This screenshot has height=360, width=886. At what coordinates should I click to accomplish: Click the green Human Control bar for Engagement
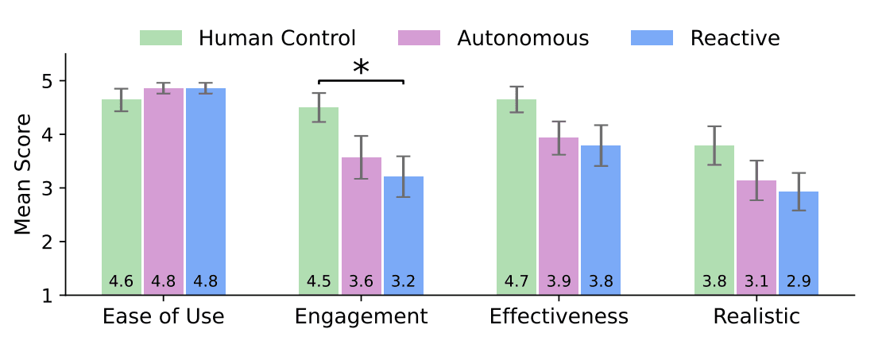[x=319, y=199]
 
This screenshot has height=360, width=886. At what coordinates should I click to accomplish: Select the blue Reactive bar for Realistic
[x=799, y=238]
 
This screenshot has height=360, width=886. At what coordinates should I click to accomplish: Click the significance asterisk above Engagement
[x=361, y=68]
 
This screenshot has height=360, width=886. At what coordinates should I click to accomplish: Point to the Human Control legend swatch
[x=161, y=37]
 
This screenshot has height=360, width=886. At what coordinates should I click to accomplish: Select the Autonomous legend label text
[x=523, y=37]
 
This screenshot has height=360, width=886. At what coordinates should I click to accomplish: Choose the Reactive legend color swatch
[x=652, y=37]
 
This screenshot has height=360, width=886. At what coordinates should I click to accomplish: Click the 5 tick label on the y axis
[x=48, y=81]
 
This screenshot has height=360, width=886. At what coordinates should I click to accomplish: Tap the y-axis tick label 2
[x=48, y=242]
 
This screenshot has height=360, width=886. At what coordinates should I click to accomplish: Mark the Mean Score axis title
[x=24, y=174]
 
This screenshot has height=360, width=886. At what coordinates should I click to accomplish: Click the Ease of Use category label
[x=164, y=316]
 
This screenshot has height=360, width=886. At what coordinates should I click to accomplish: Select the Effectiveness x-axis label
[x=559, y=316]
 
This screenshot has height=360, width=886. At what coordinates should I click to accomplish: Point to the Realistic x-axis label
[x=756, y=316]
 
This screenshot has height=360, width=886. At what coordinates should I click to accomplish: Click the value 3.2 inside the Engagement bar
[x=404, y=281]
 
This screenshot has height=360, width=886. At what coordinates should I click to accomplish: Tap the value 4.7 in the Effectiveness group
[x=517, y=281]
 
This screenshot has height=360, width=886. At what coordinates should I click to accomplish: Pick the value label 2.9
[x=799, y=281]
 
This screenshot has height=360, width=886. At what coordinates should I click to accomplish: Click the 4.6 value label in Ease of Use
[x=121, y=281]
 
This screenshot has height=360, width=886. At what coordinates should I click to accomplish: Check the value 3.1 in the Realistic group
[x=756, y=281]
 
